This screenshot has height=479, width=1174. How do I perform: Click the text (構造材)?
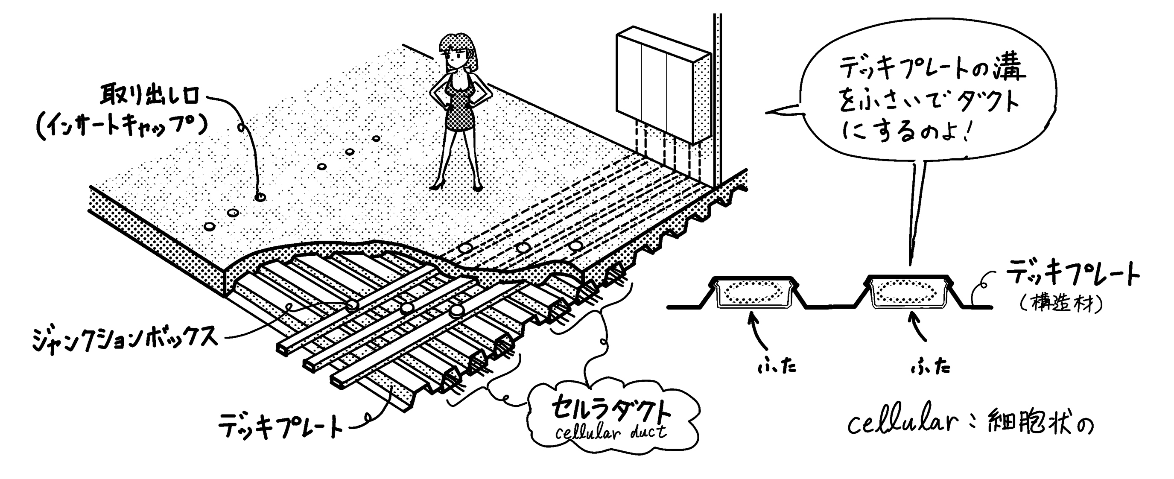coord(1062,304)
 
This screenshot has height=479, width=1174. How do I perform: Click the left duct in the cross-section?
coord(752,292)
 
